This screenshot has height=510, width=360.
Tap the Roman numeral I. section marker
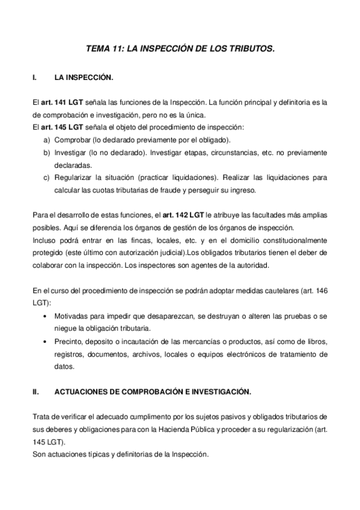click(35, 78)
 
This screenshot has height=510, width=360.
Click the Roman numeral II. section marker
click(36, 391)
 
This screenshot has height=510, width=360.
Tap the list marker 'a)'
click(47, 140)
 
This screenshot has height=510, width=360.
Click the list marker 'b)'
click(47, 153)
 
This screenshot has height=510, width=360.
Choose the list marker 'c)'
click(47, 178)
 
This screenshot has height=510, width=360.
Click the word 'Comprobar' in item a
click(72, 140)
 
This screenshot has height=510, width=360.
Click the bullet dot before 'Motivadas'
click(47, 316)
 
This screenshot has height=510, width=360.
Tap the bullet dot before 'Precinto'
click(47, 341)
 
